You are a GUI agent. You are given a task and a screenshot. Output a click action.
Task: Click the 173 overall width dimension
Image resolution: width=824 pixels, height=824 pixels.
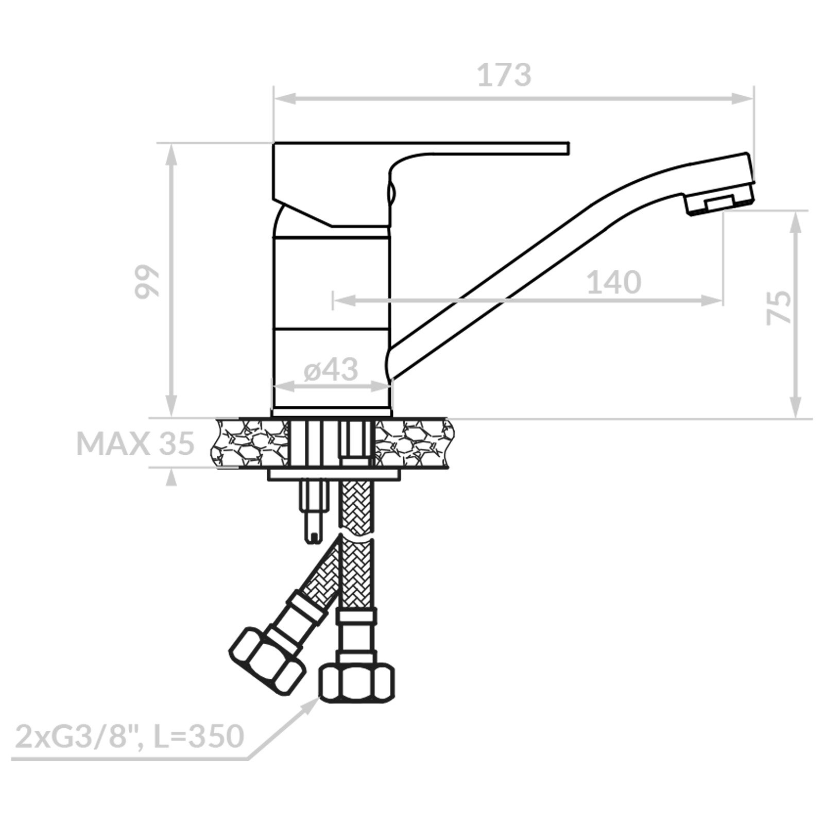tap(504, 75)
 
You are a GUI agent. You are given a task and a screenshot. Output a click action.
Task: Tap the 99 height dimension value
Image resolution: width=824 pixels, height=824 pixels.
tap(146, 282)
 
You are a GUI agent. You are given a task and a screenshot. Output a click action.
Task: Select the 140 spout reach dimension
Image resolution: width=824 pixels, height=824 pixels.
tap(614, 282)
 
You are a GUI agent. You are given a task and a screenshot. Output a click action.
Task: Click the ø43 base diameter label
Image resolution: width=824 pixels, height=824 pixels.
tap(331, 369)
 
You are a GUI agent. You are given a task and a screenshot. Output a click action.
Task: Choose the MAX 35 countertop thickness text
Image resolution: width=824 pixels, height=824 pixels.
tap(135, 443)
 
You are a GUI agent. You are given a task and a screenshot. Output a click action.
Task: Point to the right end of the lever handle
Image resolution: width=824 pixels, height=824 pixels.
tap(569, 147)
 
